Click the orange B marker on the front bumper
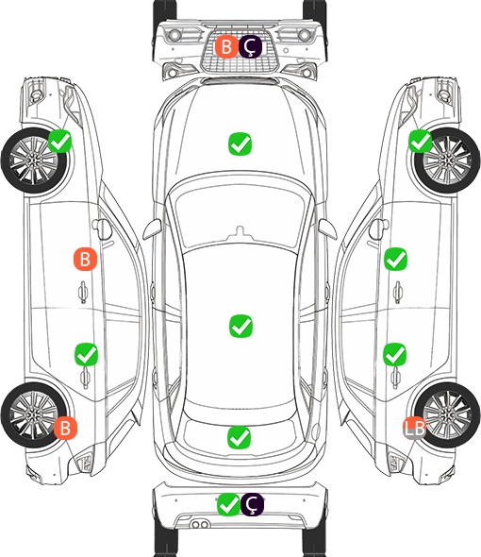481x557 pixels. pos(226,46)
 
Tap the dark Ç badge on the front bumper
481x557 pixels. pos(250,46)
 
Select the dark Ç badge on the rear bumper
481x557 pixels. pos(252,504)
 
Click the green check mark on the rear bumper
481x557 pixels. pos(228,504)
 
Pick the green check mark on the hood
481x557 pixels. pos(240,143)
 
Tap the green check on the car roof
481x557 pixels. pos(241,326)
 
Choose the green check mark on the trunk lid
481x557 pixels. pos(240,437)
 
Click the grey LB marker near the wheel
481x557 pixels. pos(415,428)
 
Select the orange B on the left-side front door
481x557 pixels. pos(85,259)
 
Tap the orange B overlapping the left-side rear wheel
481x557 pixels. pos(65,428)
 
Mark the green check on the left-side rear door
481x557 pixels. pos(86,354)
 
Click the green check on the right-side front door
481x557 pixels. pos(396,259)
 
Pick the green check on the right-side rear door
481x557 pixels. pos(395,354)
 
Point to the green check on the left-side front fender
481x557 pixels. pos(59,141)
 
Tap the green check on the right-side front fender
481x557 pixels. pos(421,141)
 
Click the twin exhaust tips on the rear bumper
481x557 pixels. pos(200,525)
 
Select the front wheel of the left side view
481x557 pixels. pos(34,160)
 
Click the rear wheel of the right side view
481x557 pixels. pos(448,414)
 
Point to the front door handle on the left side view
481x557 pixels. pos(83,292)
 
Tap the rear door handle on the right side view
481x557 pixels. pos(396,378)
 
